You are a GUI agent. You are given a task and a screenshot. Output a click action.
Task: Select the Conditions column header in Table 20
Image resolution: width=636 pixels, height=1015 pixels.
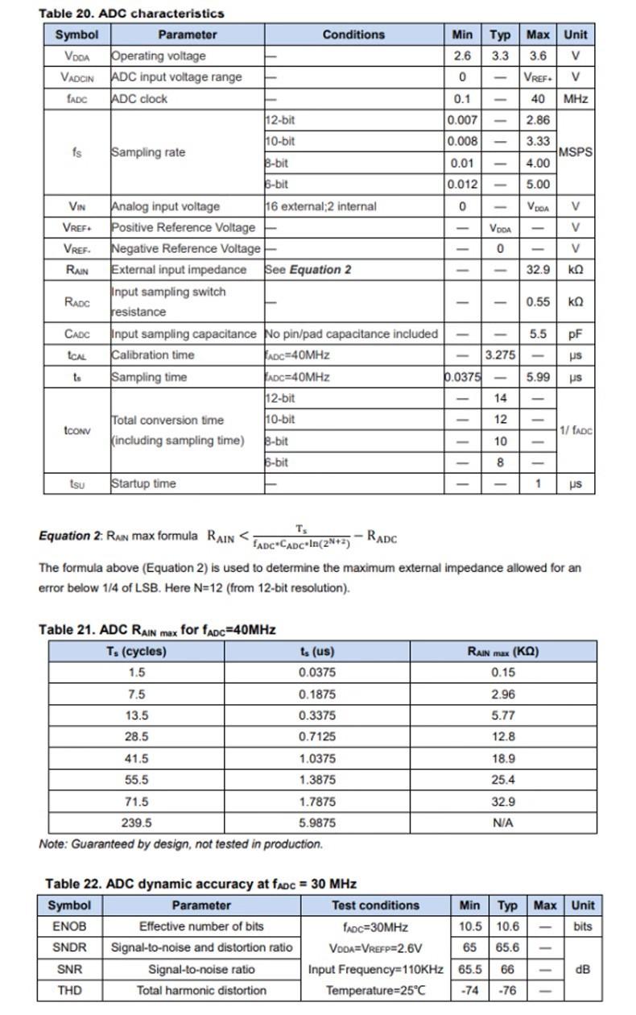(353, 35)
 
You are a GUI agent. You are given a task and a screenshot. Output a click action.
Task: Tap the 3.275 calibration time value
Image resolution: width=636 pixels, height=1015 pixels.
(500, 355)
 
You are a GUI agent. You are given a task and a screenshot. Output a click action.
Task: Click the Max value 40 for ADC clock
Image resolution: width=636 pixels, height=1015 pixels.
(538, 99)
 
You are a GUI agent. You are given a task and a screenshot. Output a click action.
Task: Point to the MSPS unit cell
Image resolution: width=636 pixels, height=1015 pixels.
(575, 151)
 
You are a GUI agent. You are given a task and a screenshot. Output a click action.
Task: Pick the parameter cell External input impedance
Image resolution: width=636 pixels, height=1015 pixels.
(179, 270)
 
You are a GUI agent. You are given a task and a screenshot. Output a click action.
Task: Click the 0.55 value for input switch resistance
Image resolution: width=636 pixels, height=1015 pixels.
(538, 302)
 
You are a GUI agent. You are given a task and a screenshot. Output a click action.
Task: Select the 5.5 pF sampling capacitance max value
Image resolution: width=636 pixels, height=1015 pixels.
(538, 333)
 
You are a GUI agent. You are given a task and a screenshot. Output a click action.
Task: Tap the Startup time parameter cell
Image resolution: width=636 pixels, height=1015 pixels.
(143, 484)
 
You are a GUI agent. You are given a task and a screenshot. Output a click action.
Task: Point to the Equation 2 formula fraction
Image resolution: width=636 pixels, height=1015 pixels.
(301, 536)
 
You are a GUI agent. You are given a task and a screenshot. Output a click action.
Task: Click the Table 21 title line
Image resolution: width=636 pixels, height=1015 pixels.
(157, 629)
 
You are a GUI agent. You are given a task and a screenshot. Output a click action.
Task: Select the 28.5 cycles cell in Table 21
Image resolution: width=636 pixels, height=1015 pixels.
(137, 736)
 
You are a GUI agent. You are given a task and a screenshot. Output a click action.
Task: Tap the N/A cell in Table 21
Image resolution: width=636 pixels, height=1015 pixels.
(503, 822)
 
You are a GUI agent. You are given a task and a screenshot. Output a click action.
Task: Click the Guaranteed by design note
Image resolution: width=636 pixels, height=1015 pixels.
(180, 844)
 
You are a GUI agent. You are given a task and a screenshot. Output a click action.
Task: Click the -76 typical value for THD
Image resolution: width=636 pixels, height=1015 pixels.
(507, 990)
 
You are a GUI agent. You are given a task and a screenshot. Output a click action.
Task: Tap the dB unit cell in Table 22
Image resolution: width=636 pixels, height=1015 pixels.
(582, 969)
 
